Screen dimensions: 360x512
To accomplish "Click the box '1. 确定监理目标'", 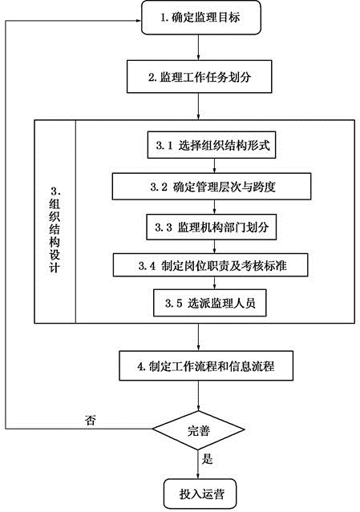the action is pos(201,18).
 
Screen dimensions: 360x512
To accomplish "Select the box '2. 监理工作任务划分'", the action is pos(200,77).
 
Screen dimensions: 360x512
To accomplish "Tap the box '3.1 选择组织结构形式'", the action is pos(212,145).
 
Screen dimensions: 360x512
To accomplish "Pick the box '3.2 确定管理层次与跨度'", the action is pos(212,187).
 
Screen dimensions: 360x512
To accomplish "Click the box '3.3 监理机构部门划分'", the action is pos(211,227).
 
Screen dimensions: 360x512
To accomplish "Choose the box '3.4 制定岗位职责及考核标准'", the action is pos(211,265).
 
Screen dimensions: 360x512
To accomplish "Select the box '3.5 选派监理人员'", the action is pos(210,303).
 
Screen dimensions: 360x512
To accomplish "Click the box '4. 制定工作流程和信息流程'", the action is pos(206,365).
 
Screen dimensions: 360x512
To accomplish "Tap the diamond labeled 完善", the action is pos(199,430).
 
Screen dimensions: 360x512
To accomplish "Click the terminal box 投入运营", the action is pos(200,494).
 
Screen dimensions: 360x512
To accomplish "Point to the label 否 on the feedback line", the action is pos(90,420).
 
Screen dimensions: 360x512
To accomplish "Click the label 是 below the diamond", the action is pos(207,459).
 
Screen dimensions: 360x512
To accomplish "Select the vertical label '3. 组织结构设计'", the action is pos(55,230).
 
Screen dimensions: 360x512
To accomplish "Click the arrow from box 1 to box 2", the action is pos(199,47).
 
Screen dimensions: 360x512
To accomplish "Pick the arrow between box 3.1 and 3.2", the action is pos(215,166).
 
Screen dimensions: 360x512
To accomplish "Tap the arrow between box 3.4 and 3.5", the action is pos(215,283).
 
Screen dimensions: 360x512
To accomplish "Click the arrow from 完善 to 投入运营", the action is pos(198,465).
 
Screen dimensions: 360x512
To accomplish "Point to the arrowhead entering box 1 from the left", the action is pos(139,21).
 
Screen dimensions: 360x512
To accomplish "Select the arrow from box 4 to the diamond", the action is pos(199,396).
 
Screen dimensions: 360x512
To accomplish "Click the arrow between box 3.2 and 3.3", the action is pos(215,207).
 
